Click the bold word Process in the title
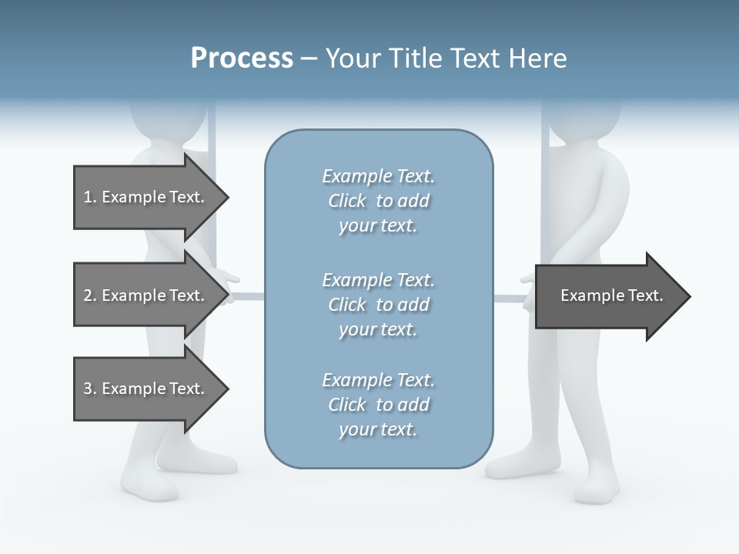point(242,58)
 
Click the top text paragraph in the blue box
point(378,201)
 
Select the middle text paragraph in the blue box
point(378,304)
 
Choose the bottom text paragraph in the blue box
point(378,404)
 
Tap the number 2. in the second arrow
point(89,295)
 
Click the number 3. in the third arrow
point(89,389)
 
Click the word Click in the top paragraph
point(347,201)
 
